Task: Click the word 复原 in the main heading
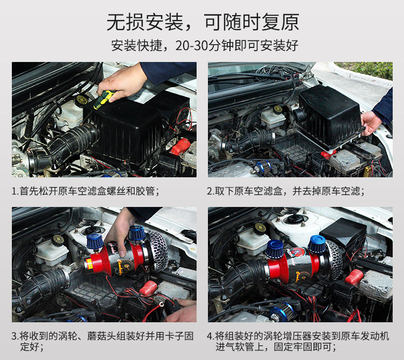[280, 22]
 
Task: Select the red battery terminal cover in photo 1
[180, 147]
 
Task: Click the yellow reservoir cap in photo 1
[81, 100]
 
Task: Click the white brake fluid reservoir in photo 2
[273, 119]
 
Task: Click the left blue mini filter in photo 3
[95, 242]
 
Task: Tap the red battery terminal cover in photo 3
[149, 288]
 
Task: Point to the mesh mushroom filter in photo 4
[332, 260]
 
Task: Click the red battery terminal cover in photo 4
[354, 277]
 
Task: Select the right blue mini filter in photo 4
[317, 244]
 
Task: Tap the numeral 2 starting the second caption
[209, 191]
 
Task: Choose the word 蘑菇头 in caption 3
[101, 336]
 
